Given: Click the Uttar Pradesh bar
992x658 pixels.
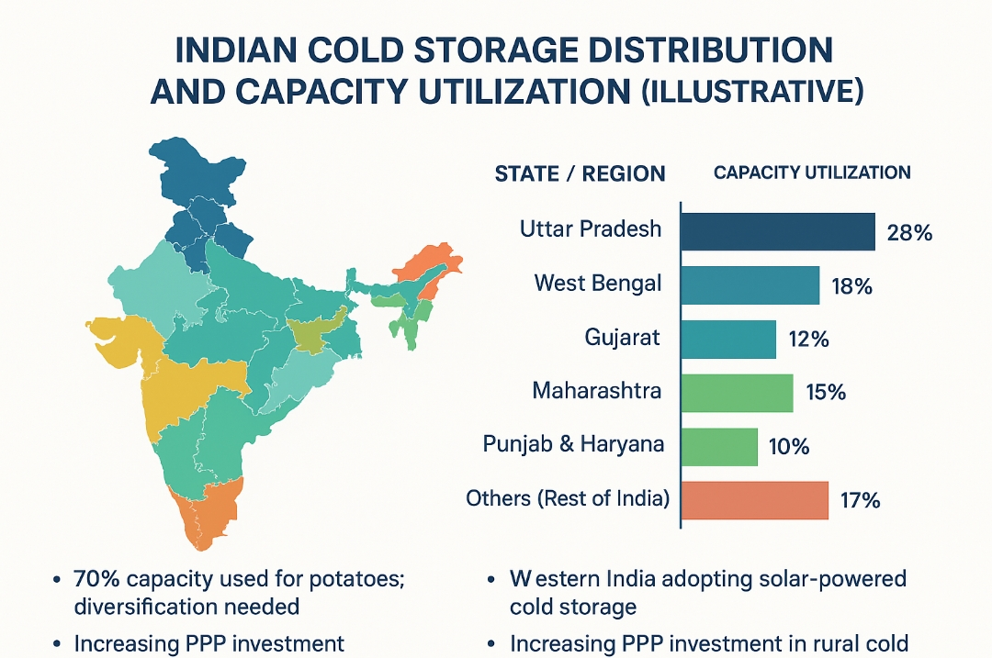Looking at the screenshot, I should (x=777, y=231).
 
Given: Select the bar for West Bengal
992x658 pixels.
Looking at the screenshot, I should (x=750, y=285).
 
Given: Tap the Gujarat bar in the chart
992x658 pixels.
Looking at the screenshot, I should (x=728, y=340).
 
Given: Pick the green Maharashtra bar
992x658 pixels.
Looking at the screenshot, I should (x=737, y=393).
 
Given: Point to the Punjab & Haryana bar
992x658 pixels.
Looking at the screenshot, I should (x=719, y=447).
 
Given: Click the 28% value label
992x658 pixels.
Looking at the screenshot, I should (x=909, y=233).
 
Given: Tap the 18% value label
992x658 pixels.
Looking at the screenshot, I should (x=850, y=286).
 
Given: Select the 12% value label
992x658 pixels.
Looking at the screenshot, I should (x=808, y=340).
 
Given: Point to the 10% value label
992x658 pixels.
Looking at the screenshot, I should (x=788, y=448).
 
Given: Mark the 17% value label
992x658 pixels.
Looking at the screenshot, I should (x=860, y=502).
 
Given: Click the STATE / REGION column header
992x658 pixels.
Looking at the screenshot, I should (x=580, y=173).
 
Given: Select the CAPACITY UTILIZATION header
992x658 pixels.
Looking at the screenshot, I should (x=812, y=173).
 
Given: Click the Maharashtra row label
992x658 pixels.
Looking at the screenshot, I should (x=597, y=391).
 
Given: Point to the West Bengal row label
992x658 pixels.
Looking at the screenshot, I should (x=598, y=284).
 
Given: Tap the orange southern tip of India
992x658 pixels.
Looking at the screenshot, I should (x=208, y=519).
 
